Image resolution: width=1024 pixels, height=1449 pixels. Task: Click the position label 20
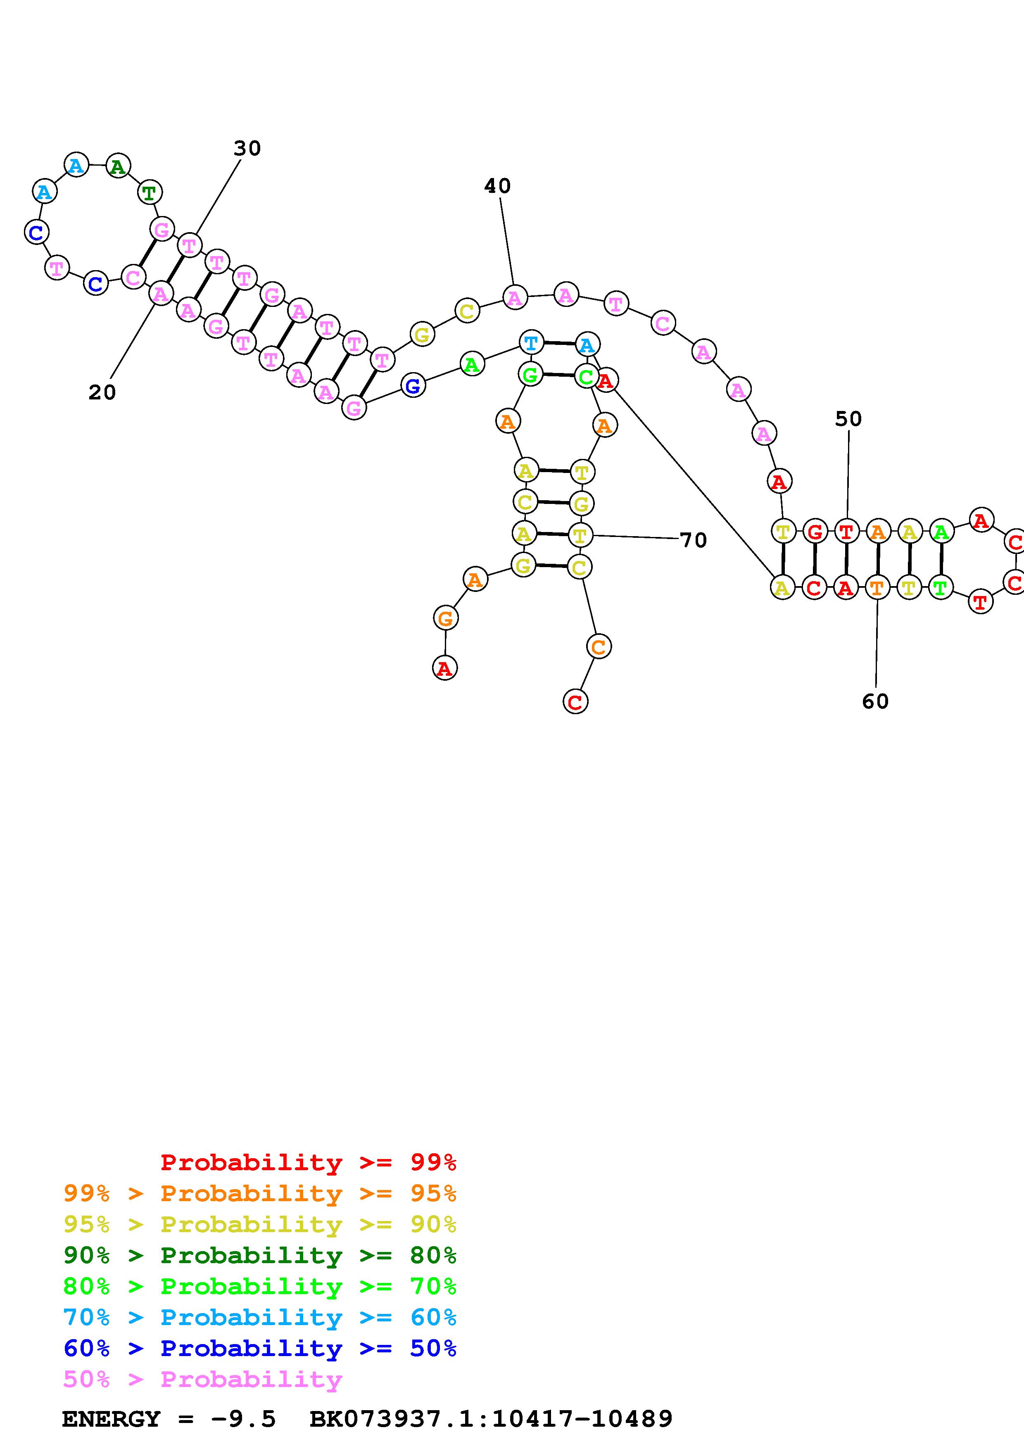coord(102,392)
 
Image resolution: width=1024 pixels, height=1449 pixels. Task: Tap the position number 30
coord(247,148)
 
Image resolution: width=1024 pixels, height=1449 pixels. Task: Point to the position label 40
coord(497,185)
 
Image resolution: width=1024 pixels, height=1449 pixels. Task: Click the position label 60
coord(875,701)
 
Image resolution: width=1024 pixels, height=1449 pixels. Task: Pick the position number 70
coord(694,540)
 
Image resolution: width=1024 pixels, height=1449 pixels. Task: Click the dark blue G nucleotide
coord(413,386)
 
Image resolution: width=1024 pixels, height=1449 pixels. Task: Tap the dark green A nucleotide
coord(117,166)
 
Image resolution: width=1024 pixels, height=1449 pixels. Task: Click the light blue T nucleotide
coord(531,343)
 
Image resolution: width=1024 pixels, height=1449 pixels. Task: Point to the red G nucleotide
coord(815,532)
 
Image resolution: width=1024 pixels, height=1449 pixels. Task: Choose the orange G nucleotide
coord(445,618)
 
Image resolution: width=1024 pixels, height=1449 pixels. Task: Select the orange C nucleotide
coord(598,646)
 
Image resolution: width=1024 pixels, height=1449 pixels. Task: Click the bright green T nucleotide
coord(940,588)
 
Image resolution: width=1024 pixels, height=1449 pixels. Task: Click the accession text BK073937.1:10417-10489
coord(491,1419)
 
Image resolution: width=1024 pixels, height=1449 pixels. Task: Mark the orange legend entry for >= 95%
coord(260,1193)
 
